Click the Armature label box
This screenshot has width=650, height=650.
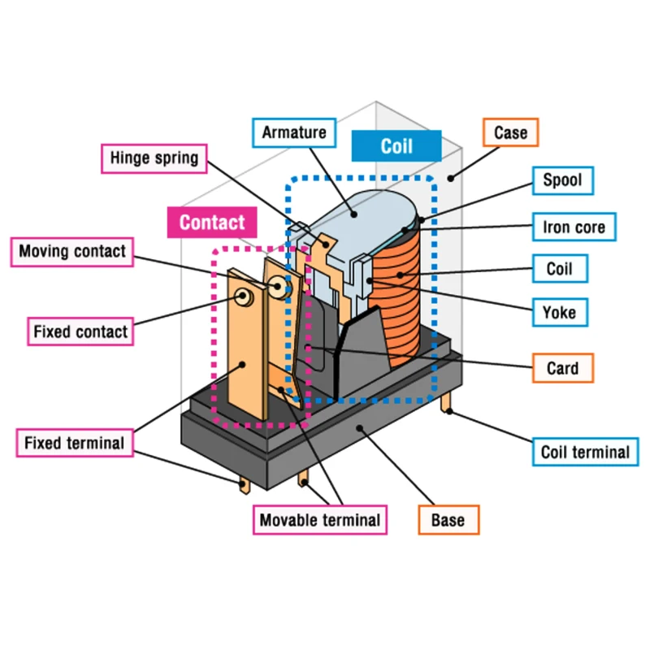pyautogui.click(x=294, y=132)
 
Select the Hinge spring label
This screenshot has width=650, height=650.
pyautogui.click(x=154, y=158)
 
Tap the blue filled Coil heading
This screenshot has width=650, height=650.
pyautogui.click(x=396, y=146)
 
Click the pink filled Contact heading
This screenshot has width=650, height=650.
pyautogui.click(x=211, y=223)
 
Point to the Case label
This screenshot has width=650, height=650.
pyautogui.click(x=510, y=132)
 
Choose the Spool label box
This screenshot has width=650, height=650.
pyautogui.click(x=563, y=180)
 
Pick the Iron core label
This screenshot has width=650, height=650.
pyautogui.click(x=574, y=227)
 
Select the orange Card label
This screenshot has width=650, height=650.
pyautogui.click(x=563, y=368)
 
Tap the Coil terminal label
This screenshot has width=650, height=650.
pyautogui.click(x=585, y=452)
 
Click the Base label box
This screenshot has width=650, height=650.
pyautogui.click(x=448, y=520)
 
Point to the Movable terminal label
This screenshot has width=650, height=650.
pyautogui.click(x=319, y=520)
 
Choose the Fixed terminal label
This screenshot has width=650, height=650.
pyautogui.click(x=74, y=444)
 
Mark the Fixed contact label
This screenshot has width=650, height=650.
pyautogui.click(x=80, y=331)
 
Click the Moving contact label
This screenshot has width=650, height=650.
pyautogui.click(x=72, y=251)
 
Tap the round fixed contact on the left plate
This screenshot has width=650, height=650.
pyautogui.click(x=242, y=298)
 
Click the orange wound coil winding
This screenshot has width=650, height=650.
pyautogui.click(x=402, y=301)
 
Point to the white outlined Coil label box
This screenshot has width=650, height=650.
pyautogui.click(x=559, y=268)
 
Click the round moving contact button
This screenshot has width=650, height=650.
pyautogui.click(x=278, y=287)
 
